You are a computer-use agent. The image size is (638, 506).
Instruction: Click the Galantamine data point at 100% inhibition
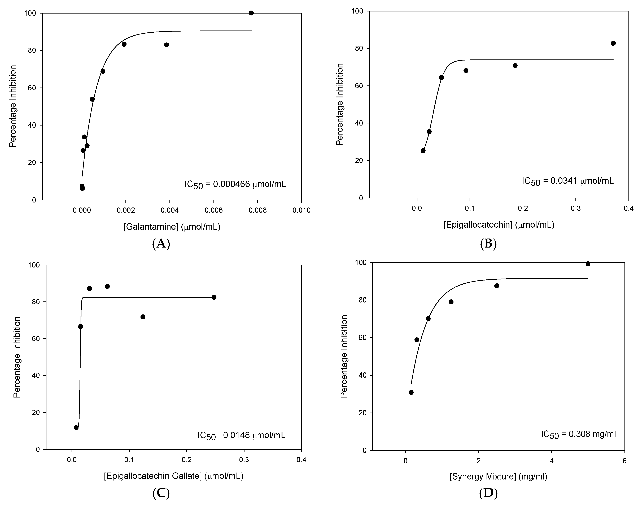click(251, 13)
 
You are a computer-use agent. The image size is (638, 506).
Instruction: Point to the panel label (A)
click(161, 244)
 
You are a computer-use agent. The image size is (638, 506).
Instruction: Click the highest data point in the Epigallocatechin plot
click(613, 43)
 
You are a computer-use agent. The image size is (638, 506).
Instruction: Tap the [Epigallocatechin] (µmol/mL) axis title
click(499, 225)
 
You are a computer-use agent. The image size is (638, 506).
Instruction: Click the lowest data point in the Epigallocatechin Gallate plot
click(76, 427)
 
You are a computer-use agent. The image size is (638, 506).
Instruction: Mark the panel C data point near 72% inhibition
click(143, 317)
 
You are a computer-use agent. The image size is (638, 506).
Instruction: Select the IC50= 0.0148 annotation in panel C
click(242, 435)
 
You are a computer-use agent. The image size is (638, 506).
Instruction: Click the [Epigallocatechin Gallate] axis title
click(174, 476)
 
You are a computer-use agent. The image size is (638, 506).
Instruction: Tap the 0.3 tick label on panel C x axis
click(244, 460)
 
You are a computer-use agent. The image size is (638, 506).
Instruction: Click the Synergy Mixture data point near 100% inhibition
click(588, 264)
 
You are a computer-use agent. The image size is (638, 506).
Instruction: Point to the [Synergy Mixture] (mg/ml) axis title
click(498, 477)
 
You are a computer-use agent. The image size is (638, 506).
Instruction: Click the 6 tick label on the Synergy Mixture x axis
click(624, 461)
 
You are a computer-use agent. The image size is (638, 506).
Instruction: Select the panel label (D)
click(488, 493)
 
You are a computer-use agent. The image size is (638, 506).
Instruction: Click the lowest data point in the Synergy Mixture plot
click(411, 392)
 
